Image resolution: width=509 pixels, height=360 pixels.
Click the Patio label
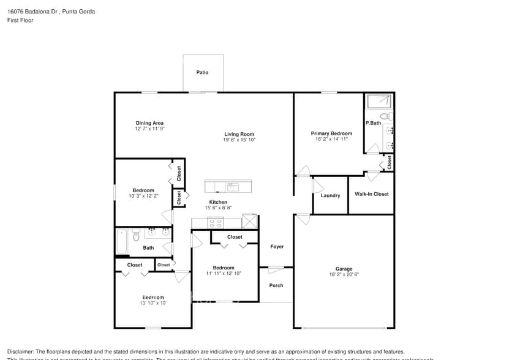[x=202, y=72]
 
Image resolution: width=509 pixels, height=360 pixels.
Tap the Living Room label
[x=239, y=134]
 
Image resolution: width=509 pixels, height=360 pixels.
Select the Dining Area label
[x=149, y=123]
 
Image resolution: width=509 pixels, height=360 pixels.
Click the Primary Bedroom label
[x=331, y=133]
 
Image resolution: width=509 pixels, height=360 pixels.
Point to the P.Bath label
[x=373, y=123]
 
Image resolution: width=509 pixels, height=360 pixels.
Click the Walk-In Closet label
[x=371, y=194]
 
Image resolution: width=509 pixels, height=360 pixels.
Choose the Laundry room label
[x=330, y=195]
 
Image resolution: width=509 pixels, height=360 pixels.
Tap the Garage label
[x=344, y=269]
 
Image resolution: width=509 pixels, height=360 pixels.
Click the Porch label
[x=276, y=285]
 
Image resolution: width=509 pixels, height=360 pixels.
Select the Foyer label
[x=277, y=247]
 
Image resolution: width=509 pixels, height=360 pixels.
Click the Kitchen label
[x=218, y=202]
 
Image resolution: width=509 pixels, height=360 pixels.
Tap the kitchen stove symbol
[x=216, y=222]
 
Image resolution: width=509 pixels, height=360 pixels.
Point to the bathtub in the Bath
[x=121, y=241]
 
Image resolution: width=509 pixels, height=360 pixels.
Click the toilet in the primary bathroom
[x=385, y=116]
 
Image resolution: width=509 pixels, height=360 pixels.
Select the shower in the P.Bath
[x=379, y=101]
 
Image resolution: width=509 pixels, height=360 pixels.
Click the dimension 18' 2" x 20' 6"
[x=344, y=274]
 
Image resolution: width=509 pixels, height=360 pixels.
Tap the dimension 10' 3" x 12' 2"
[x=143, y=196]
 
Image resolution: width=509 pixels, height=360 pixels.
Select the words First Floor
[x=20, y=20]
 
